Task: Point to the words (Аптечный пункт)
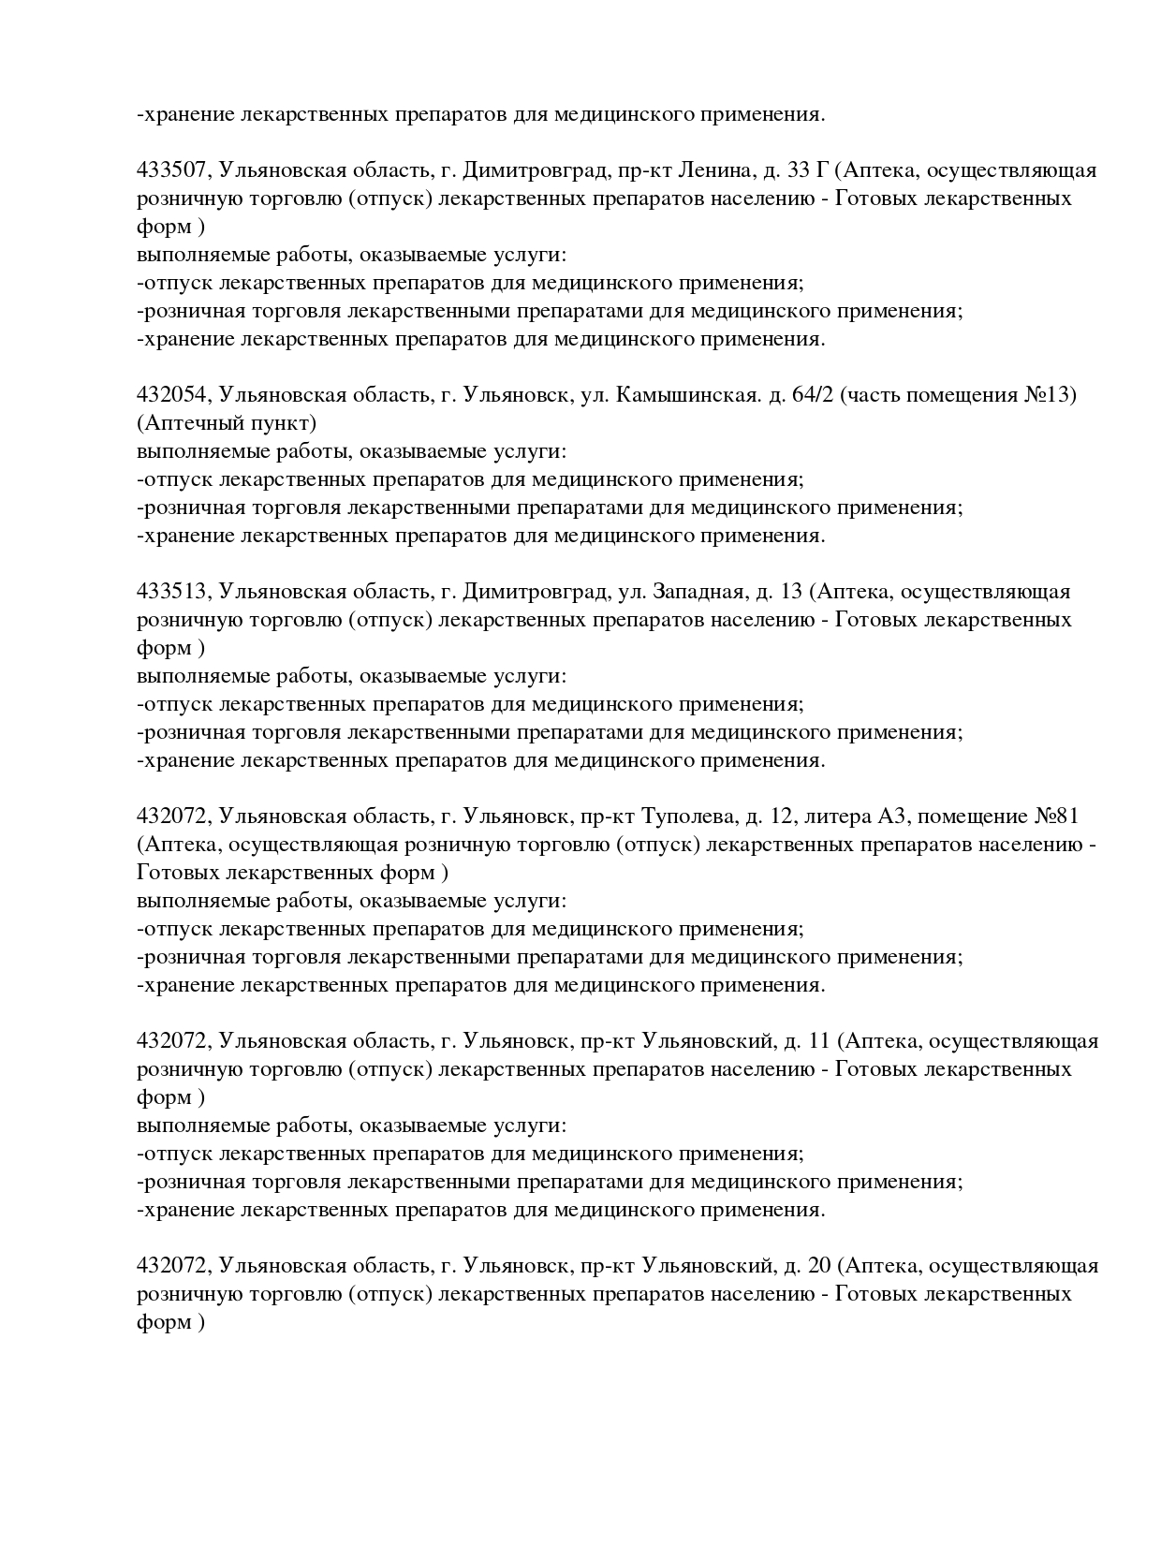click(x=227, y=423)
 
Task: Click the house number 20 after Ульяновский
click(x=818, y=1266)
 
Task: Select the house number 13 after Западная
click(x=791, y=592)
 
